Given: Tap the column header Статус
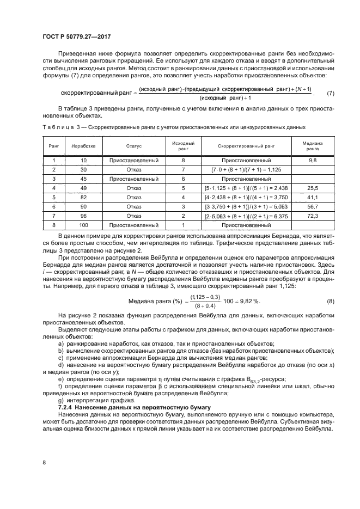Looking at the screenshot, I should (x=133, y=146).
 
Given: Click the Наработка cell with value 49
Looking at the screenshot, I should (x=83, y=188).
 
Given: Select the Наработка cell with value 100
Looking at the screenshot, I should (x=83, y=225).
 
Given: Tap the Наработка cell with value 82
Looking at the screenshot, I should (x=83, y=198).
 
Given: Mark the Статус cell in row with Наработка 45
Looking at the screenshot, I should (x=133, y=179).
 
